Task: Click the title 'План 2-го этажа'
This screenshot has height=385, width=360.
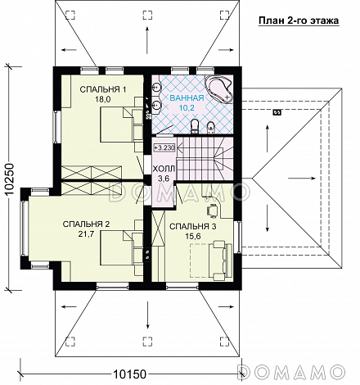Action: point(299,20)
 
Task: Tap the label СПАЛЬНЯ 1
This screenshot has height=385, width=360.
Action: point(103,89)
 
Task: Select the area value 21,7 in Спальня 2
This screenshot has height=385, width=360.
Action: point(86,233)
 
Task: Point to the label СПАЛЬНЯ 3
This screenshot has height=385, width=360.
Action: point(193,226)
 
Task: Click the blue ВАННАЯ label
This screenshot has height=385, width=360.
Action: point(187,98)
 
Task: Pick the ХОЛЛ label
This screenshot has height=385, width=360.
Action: point(164,169)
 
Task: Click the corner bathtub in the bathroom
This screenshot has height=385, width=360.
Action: point(219,88)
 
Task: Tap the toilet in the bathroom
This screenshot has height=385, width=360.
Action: point(195,127)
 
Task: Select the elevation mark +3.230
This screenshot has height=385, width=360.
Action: point(164,147)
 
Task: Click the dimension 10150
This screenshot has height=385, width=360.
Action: point(129,374)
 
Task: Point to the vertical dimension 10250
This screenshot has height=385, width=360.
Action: point(10,179)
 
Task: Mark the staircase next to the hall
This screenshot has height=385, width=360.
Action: point(205,158)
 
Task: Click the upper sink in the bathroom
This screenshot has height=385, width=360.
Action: point(156,87)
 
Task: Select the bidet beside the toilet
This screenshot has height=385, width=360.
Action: point(210,128)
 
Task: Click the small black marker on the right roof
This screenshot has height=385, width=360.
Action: point(277,112)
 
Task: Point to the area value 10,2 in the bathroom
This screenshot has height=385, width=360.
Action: point(187,107)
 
